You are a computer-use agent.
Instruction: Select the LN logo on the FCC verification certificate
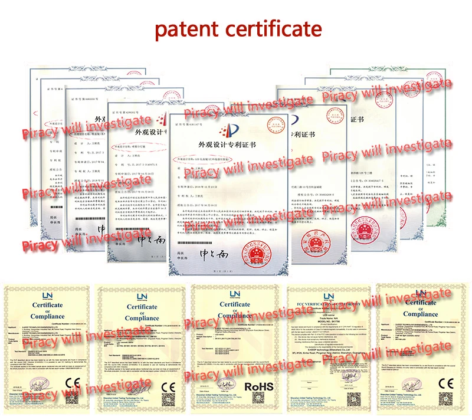[x=328, y=296]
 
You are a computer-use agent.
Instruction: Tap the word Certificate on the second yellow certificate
[x=142, y=307]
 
